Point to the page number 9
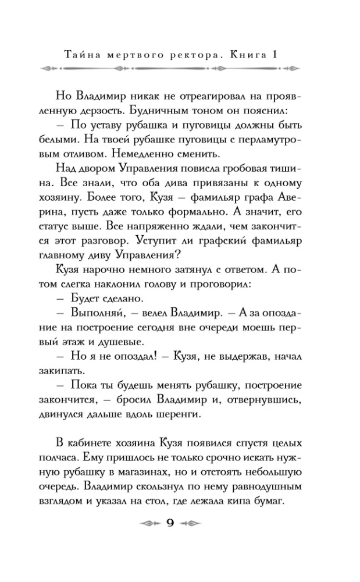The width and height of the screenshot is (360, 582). click(171, 521)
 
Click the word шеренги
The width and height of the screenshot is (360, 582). click(176, 414)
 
